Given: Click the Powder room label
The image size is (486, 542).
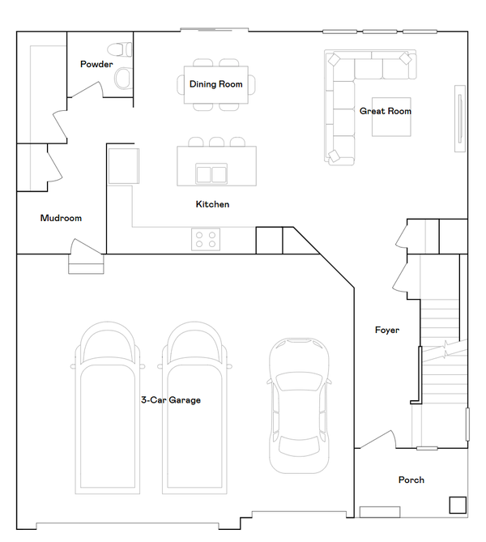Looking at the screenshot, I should click(x=96, y=64).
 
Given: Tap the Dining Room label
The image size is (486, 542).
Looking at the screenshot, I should click(x=216, y=84).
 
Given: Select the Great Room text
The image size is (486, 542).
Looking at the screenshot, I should click(x=386, y=111).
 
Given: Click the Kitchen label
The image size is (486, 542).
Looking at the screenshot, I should click(x=212, y=204).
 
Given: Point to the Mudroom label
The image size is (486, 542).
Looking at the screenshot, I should click(x=61, y=218).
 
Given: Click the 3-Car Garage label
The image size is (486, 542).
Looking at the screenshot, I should click(x=170, y=400).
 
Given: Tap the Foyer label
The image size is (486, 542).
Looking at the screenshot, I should click(x=386, y=330).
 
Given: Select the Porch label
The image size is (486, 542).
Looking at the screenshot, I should click(x=411, y=480).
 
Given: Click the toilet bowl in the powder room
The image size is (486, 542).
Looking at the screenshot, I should click(x=123, y=78).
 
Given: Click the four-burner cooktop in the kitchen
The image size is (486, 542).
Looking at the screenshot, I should click(x=205, y=239).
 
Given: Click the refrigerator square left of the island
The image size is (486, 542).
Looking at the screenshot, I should click(x=125, y=165).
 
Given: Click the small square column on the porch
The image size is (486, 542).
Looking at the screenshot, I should click(x=458, y=505).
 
